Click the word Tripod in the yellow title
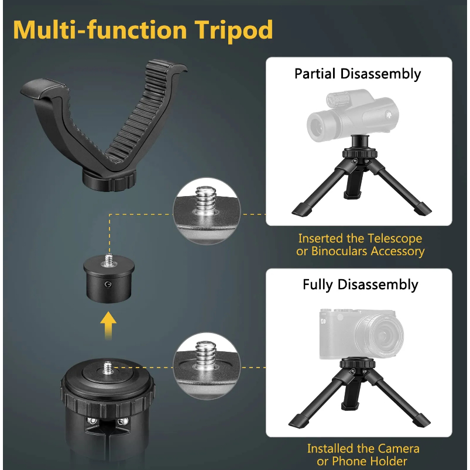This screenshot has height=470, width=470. point(234,30)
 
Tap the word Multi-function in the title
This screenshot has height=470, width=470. point(100,29)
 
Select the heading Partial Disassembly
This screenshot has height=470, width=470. point(358,74)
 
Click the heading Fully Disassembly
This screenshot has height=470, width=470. point(361,285)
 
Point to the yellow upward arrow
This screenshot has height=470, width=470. point(108,325)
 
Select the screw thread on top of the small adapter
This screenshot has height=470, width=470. point(107,260)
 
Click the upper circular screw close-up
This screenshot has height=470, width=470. point(207,211)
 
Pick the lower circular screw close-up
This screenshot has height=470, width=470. point(207,366)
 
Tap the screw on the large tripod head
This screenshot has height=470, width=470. point(108,368)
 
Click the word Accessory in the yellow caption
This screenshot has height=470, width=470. point(397,252)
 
